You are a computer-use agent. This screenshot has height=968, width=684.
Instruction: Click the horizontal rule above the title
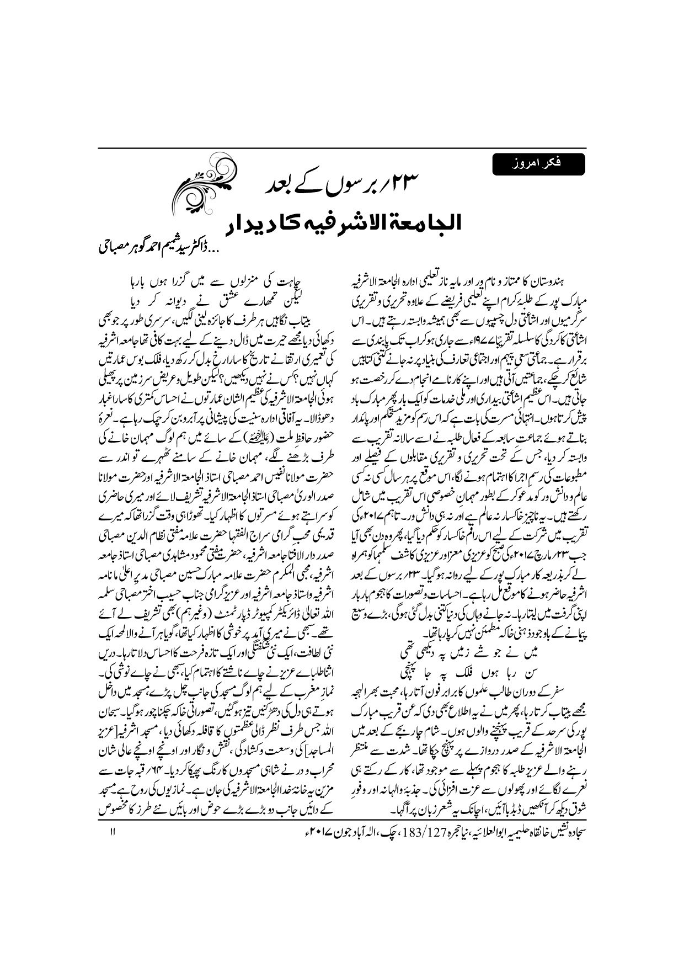342,148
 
